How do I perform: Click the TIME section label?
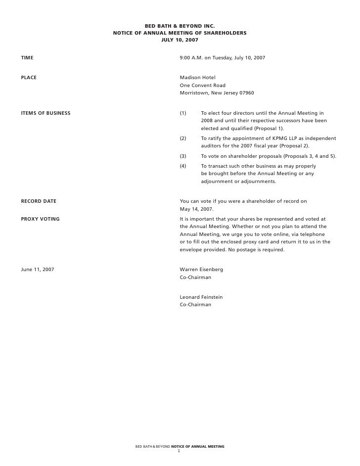pos(27,58)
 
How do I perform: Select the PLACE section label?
pos(29,78)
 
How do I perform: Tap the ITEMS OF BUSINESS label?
pos(45,113)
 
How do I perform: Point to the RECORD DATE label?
pos(39,201)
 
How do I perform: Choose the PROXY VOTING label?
pos(40,219)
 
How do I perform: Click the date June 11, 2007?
pos(38,270)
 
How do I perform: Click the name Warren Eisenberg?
pos(201,270)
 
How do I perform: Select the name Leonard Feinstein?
pos(201,297)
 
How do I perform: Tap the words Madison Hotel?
pos(197,78)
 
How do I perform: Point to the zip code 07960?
pos(246,93)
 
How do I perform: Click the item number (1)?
pos(183,113)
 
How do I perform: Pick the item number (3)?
pos(183,156)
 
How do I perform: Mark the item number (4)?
pos(183,166)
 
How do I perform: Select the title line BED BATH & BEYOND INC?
pos(180,26)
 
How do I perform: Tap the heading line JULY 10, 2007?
pos(180,40)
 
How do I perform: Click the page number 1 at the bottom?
pos(179,451)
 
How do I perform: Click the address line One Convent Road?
pos(202,86)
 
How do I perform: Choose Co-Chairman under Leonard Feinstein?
pos(195,305)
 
